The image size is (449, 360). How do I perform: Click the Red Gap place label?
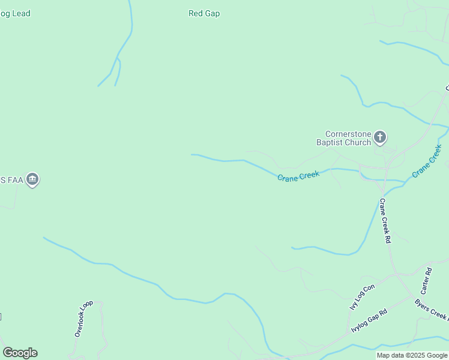click(204, 13)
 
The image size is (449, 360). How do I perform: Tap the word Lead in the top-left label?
click(20, 13)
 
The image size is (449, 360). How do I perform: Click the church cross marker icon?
click(380, 138)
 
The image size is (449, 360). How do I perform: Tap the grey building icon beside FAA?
click(32, 179)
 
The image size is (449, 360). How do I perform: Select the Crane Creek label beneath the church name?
click(298, 175)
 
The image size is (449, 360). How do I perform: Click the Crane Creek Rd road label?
click(385, 220)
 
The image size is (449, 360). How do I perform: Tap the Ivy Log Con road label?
click(362, 297)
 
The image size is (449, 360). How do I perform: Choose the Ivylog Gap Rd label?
click(369, 322)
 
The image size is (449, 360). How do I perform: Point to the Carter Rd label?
click(428, 280)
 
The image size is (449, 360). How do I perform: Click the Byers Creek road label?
click(432, 310)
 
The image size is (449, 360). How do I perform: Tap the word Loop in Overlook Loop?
click(88, 307)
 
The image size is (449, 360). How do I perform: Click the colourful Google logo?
click(20, 353)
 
